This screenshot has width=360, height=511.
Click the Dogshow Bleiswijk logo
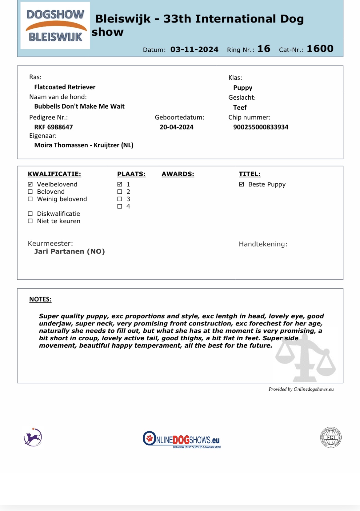55,26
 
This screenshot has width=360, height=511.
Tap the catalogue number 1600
320,49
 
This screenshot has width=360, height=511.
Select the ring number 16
264,49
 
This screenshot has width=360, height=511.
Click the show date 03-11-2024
194,50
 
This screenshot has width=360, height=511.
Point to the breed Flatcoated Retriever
65,87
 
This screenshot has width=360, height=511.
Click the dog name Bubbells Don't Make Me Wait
79,106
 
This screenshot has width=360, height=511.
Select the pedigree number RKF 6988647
54,127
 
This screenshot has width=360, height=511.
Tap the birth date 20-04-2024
177,127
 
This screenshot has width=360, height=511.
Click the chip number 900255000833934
261,127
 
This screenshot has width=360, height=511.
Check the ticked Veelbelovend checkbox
30,184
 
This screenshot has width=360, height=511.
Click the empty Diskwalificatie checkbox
30,214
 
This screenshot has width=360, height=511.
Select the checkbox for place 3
120,199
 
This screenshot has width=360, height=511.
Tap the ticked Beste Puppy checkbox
242,184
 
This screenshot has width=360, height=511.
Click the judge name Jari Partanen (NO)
70,252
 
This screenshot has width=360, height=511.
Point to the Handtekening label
263,244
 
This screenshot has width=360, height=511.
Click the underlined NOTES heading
40,299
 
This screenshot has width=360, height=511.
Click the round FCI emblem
331,437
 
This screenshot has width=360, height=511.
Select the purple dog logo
33,437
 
